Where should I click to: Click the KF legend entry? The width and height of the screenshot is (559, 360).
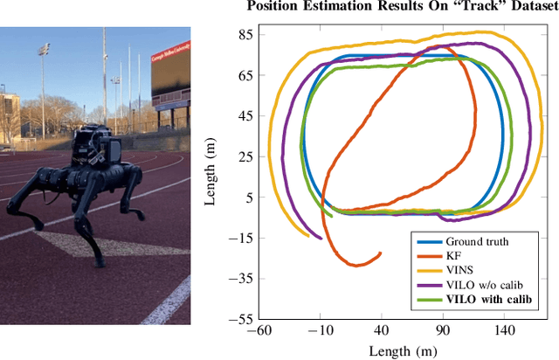(x=453, y=256)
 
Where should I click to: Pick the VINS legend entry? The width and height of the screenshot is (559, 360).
(x=459, y=270)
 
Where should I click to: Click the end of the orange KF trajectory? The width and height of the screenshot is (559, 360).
(x=380, y=253)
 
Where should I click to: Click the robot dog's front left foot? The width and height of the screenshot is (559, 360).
(x=136, y=213)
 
